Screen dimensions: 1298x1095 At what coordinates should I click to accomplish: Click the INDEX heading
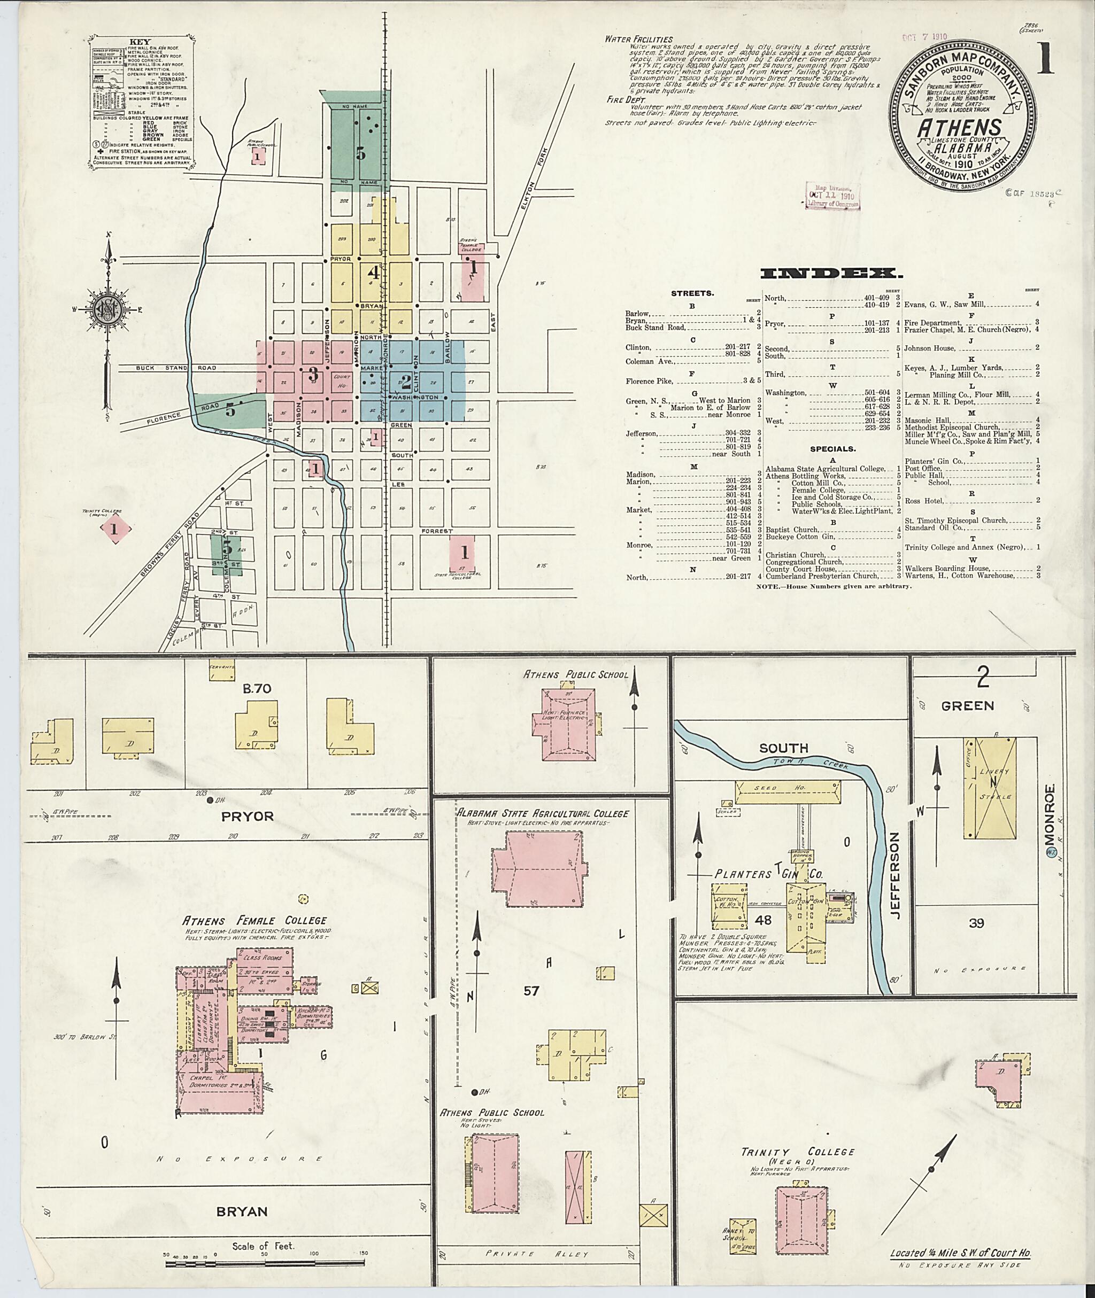click(x=831, y=274)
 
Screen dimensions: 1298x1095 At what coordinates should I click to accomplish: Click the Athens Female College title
click(x=254, y=920)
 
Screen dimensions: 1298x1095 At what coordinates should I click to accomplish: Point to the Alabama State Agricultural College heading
click(x=543, y=813)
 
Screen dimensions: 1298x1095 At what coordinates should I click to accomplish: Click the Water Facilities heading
click(x=639, y=39)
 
